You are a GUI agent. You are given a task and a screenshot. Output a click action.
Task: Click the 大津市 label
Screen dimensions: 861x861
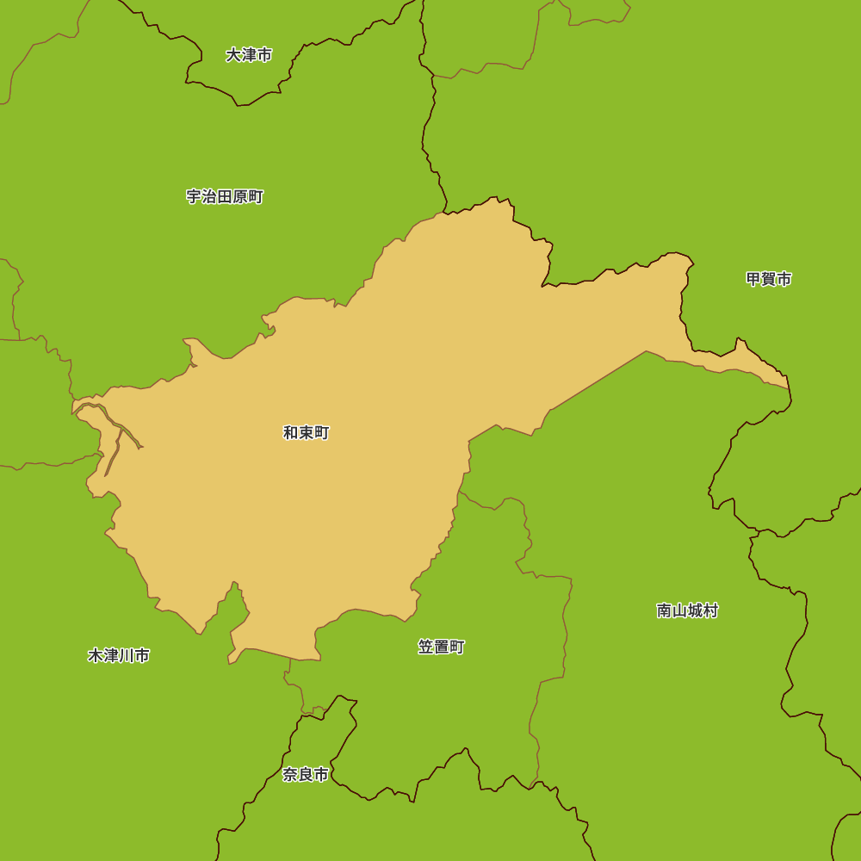pyautogui.click(x=249, y=55)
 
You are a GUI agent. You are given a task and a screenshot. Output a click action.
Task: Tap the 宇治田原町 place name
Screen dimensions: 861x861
pyautogui.click(x=225, y=197)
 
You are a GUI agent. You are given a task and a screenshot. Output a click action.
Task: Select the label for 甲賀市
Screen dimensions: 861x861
pyautogui.click(x=769, y=279)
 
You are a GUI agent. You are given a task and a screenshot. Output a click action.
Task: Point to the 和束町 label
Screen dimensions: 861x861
pyautogui.click(x=307, y=433)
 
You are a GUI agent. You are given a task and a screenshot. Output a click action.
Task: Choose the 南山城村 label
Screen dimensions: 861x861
pyautogui.click(x=687, y=610)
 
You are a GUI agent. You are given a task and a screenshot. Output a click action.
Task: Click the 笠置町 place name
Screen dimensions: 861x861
pyautogui.click(x=442, y=647)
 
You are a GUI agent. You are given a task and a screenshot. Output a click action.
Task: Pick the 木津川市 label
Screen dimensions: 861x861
pyautogui.click(x=119, y=656)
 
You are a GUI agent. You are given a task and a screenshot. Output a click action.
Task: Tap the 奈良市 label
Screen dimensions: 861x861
pyautogui.click(x=306, y=775)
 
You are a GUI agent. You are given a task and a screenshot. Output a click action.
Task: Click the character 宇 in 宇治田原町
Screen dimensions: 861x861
pyautogui.click(x=194, y=197)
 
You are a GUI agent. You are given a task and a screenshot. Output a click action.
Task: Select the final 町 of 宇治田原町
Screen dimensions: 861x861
pyautogui.click(x=256, y=197)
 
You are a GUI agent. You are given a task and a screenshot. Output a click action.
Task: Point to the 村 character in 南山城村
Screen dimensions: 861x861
pyautogui.click(x=710, y=610)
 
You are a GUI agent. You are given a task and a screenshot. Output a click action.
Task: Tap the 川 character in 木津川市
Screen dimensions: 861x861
pyautogui.click(x=127, y=656)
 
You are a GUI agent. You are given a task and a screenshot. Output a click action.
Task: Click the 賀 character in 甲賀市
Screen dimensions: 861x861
pyautogui.click(x=769, y=279)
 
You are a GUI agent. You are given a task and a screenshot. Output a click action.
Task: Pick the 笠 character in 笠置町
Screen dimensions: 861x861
pyautogui.click(x=426, y=647)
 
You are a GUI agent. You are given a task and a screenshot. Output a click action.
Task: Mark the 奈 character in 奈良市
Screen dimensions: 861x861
pyautogui.click(x=290, y=775)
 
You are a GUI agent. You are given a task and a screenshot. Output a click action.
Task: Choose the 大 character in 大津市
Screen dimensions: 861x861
pyautogui.click(x=233, y=55)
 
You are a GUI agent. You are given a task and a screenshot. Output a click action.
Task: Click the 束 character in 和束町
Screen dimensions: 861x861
pyautogui.click(x=307, y=433)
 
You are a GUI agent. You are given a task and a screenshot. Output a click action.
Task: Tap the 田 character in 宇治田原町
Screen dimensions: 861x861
pyautogui.click(x=225, y=197)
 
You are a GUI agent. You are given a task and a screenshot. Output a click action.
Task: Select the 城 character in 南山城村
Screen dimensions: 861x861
pyautogui.click(x=695, y=610)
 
